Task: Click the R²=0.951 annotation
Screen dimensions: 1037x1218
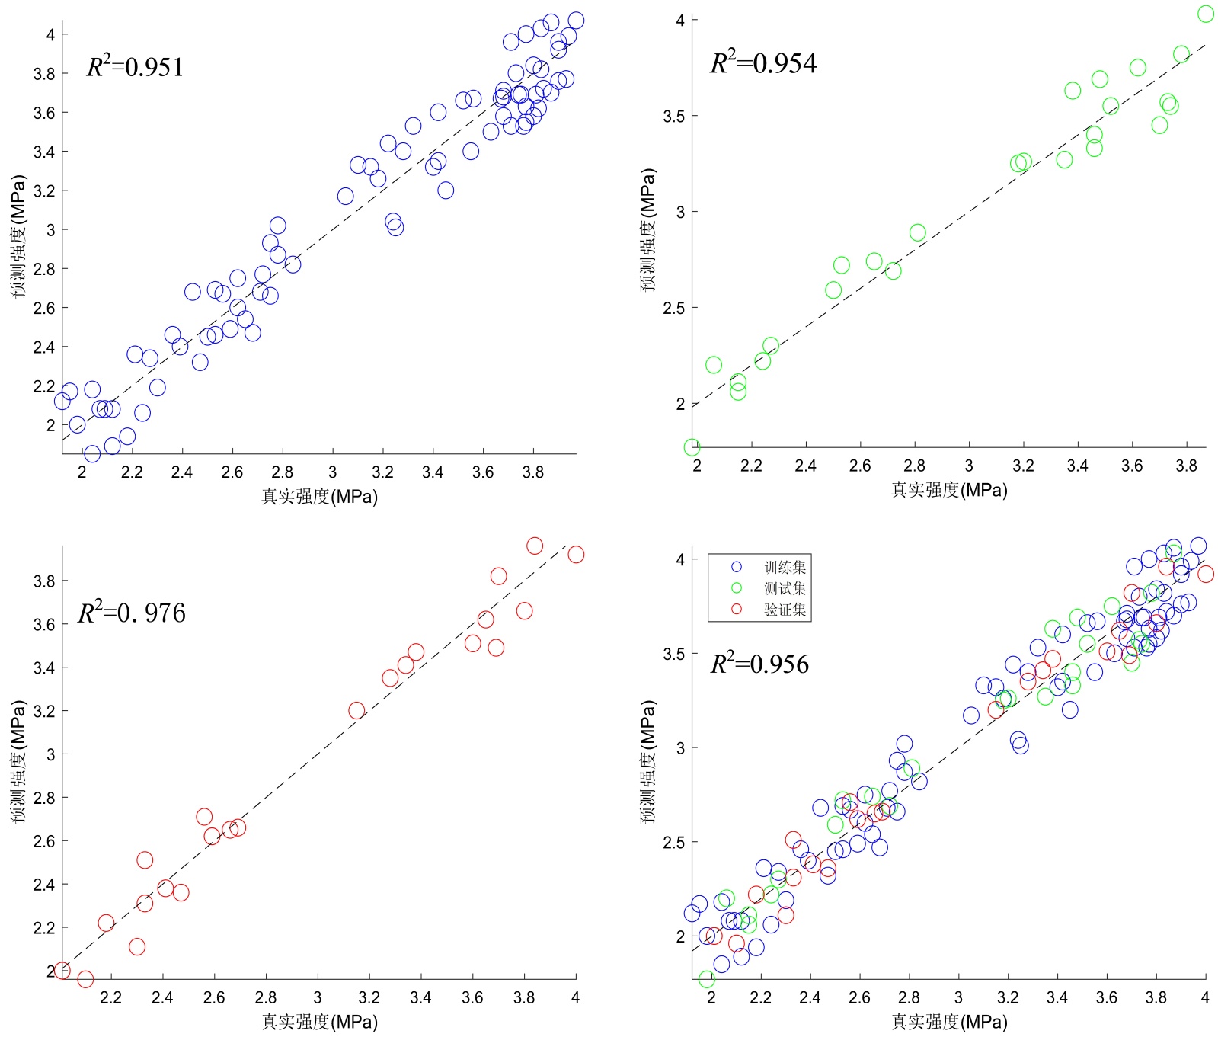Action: tap(136, 67)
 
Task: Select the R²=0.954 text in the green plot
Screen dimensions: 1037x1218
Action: tap(763, 62)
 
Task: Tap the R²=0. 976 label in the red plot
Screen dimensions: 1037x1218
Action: tap(132, 613)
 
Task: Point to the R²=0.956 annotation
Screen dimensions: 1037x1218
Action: tap(759, 664)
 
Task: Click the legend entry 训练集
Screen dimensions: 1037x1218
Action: tap(785, 567)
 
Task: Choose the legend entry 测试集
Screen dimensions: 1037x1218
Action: tap(785, 588)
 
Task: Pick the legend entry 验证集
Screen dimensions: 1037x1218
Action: tap(785, 610)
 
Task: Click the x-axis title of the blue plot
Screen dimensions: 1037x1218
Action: tap(319, 497)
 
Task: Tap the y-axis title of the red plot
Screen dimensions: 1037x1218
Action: tap(18, 762)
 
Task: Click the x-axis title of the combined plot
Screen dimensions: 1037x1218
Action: tap(949, 1022)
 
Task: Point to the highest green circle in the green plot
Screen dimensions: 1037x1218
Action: tap(1205, 14)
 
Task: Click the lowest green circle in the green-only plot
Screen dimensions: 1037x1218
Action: tap(692, 447)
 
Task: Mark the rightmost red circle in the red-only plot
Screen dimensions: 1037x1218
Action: tap(576, 555)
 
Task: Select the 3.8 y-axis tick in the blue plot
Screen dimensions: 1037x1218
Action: tap(44, 74)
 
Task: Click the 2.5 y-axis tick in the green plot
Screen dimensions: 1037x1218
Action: tap(675, 308)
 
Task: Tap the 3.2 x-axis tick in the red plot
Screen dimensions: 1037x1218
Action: tap(369, 997)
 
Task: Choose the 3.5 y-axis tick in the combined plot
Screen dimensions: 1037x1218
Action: tap(675, 654)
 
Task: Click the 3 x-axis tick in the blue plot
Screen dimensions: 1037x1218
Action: tap(333, 472)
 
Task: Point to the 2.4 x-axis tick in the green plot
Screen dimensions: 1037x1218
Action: tap(806, 466)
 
